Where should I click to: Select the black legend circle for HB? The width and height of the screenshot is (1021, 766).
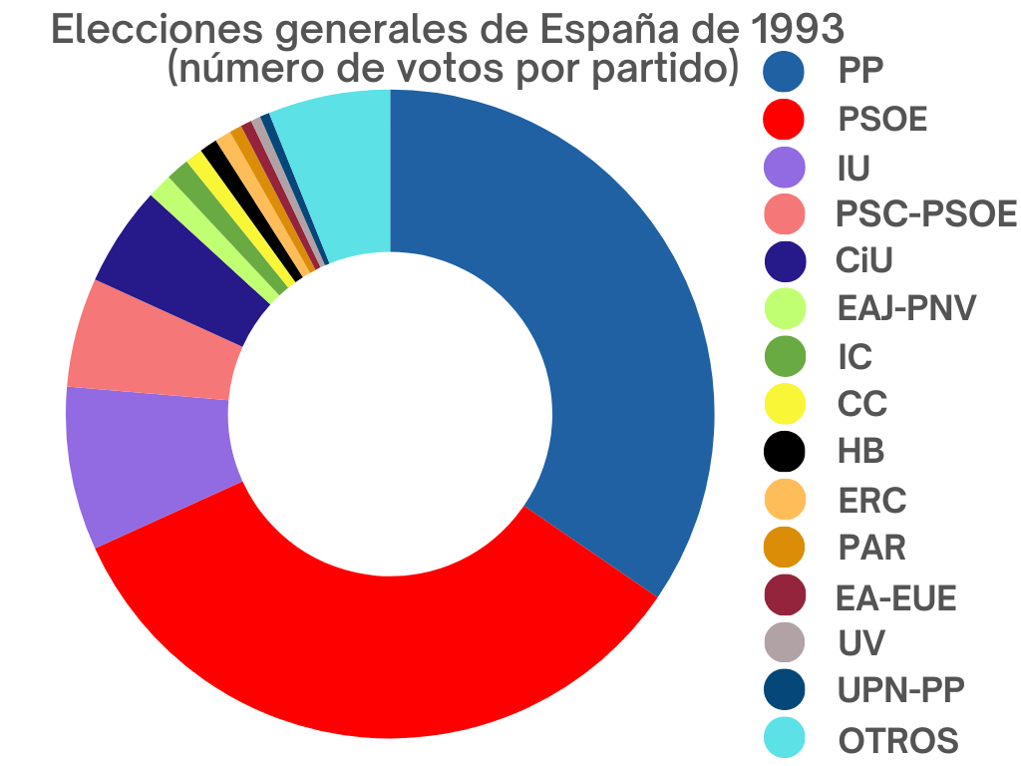click(x=784, y=451)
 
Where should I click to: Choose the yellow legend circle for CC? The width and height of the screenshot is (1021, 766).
click(x=784, y=404)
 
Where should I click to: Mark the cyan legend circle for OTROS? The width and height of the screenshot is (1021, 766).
click(x=784, y=740)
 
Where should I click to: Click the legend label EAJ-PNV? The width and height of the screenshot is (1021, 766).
click(x=906, y=308)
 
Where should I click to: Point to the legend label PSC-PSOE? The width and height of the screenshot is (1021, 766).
click(x=926, y=213)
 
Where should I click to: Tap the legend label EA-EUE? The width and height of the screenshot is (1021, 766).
click(x=896, y=598)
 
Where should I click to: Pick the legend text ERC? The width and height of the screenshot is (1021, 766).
click(x=872, y=499)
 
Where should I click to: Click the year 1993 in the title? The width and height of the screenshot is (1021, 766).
click(x=797, y=30)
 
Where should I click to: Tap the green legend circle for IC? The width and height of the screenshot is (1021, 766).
click(x=784, y=356)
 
